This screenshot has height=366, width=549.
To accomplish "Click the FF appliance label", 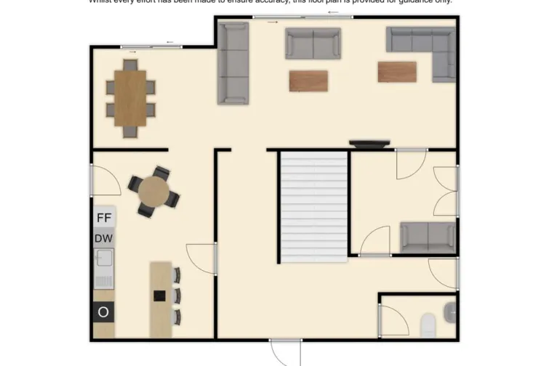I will coord(104,216).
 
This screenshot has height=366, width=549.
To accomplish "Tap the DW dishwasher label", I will coord(104,237).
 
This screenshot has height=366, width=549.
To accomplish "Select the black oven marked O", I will coord(104,312).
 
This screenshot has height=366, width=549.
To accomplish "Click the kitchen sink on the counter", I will coord(103,258).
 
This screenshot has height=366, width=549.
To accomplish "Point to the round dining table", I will coord(154,192).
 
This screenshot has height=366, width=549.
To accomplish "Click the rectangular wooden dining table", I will coord(130,98).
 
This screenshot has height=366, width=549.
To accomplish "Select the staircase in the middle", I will coord(314,207).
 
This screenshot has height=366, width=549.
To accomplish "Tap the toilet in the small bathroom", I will coord(428,323).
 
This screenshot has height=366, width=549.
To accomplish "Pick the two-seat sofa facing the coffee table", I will coord(313,44).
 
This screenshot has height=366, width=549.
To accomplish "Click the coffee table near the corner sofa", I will coord(397,72).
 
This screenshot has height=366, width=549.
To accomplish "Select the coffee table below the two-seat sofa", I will coord(308,81).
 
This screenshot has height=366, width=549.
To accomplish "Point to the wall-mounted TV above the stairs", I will coord(369,144).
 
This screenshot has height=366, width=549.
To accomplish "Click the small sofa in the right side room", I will coord(428,236).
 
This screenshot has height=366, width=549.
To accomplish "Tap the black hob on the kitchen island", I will coord(159,296).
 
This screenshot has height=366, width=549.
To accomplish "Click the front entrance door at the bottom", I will coord(285,352).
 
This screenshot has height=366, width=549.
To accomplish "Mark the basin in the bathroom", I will coord(450,312).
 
